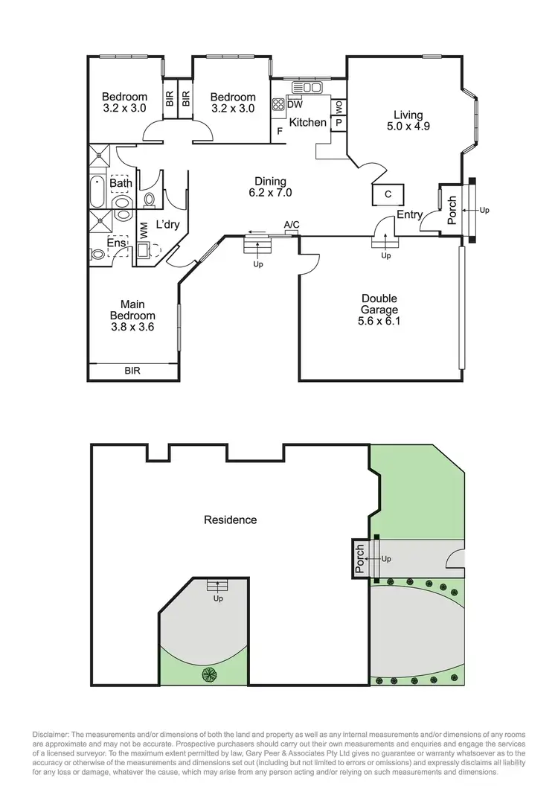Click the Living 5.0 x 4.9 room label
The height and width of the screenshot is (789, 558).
click(x=408, y=121)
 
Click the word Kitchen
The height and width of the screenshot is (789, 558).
click(x=307, y=122)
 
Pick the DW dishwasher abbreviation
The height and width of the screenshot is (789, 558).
click(x=294, y=105)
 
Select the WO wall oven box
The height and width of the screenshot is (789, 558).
click(x=339, y=107)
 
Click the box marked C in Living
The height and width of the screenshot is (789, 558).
click(x=388, y=194)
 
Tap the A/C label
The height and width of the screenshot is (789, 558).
click(x=292, y=224)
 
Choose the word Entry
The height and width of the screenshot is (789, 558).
click(x=409, y=214)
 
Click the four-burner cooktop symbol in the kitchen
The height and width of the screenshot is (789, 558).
click(x=278, y=105)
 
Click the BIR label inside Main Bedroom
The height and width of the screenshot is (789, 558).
click(x=132, y=371)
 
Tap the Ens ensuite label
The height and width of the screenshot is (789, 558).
click(x=116, y=243)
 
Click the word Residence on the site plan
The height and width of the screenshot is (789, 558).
click(x=230, y=520)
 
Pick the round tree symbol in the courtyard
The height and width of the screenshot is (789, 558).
click(x=209, y=674)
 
